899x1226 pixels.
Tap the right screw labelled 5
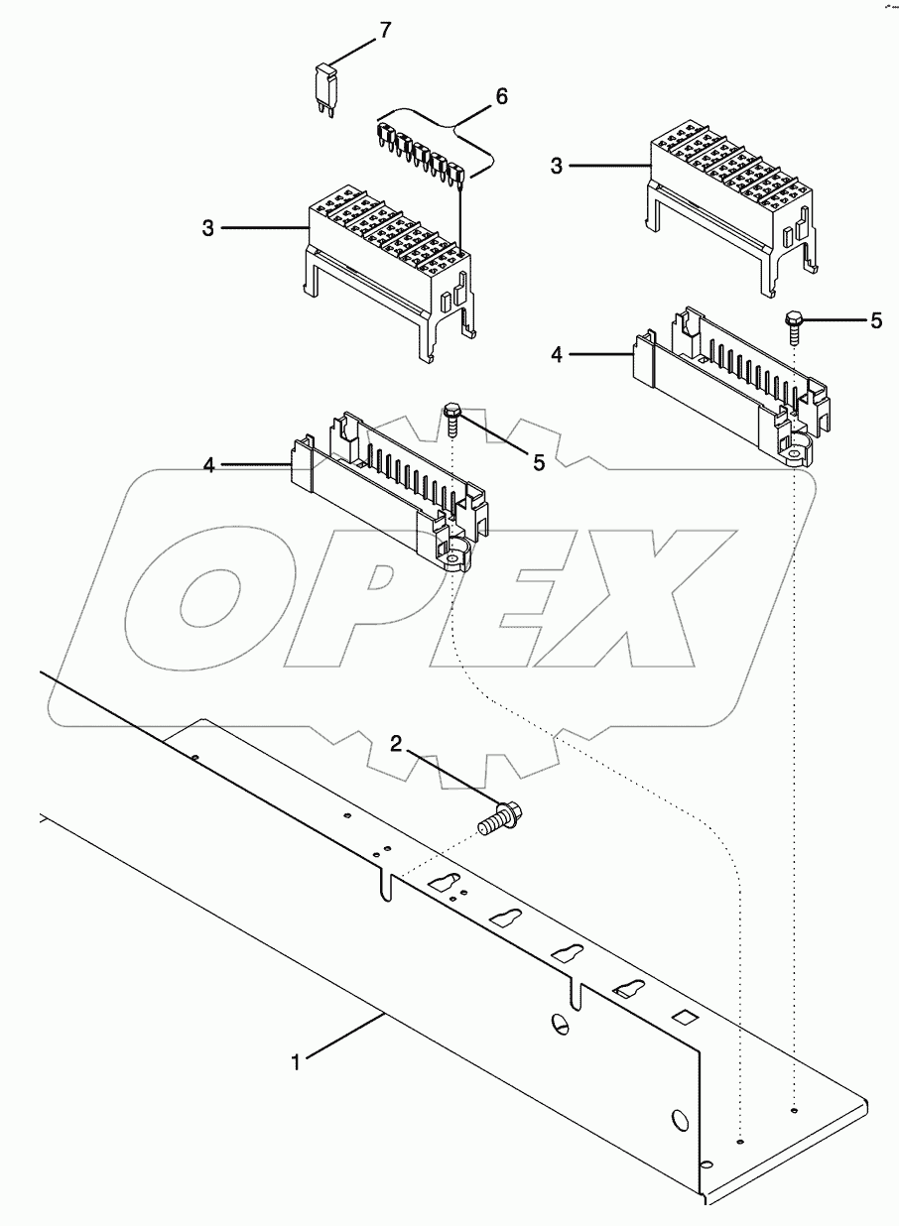coord(795,325)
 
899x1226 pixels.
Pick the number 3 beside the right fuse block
coord(557,167)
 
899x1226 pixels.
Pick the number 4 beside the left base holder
coord(209,465)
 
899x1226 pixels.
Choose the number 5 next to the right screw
coord(875,320)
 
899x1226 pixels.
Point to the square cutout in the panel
coord(683,1018)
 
